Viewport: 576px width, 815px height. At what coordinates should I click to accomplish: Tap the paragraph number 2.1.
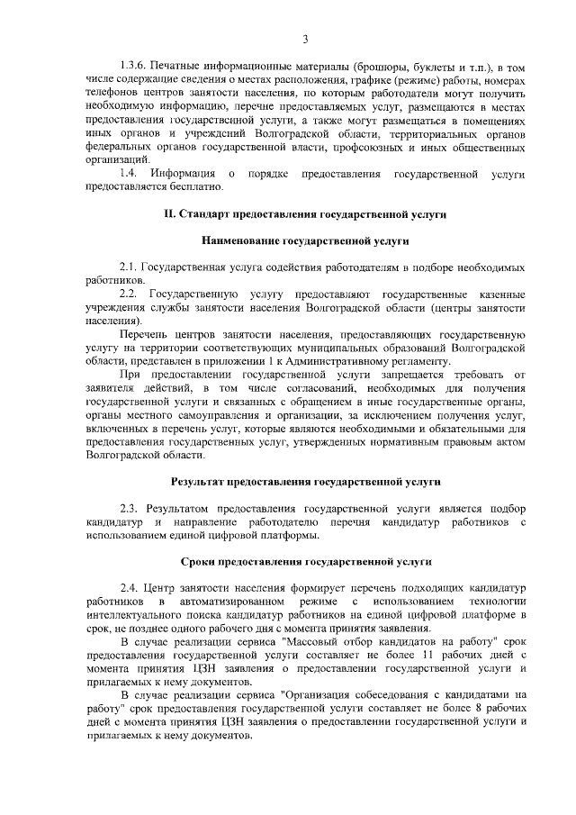point(130,268)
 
